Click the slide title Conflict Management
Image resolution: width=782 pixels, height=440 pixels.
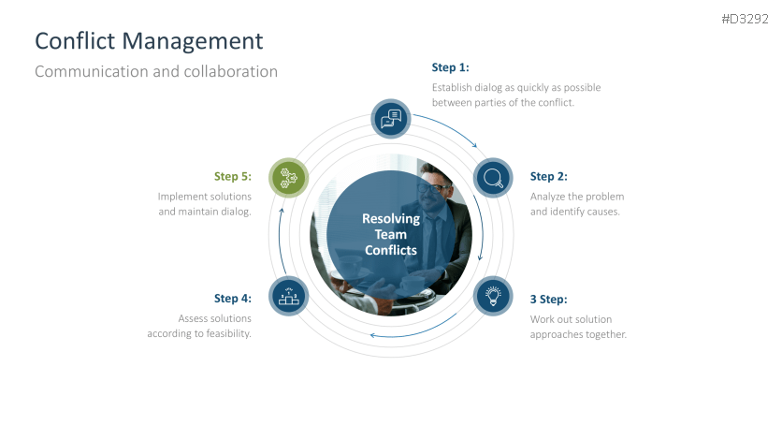pyautogui.click(x=148, y=41)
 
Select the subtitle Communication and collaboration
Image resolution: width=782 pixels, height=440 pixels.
pyautogui.click(x=155, y=71)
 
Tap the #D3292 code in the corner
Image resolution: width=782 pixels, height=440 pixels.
pyautogui.click(x=745, y=19)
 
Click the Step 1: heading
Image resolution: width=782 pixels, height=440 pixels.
pyautogui.click(x=450, y=67)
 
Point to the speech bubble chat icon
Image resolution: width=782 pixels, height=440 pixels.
pyautogui.click(x=391, y=118)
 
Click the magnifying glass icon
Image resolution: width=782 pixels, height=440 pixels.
pyautogui.click(x=492, y=177)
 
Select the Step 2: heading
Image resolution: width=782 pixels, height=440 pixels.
pyautogui.click(x=548, y=176)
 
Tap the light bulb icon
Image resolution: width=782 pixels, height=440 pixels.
pyautogui.click(x=492, y=295)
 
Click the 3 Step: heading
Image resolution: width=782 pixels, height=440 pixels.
pyautogui.click(x=548, y=300)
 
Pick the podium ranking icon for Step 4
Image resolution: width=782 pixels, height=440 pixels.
pyautogui.click(x=289, y=296)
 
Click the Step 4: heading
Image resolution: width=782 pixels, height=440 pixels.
pyautogui.click(x=232, y=299)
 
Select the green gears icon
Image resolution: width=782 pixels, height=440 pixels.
pyautogui.click(x=289, y=177)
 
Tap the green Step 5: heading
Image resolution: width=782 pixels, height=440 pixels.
pyautogui.click(x=232, y=176)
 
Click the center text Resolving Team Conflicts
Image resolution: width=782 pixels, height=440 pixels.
pyautogui.click(x=391, y=234)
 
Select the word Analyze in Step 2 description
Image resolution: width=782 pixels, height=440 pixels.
pyautogui.click(x=548, y=197)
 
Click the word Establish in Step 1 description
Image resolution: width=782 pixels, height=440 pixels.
pyautogui.click(x=453, y=87)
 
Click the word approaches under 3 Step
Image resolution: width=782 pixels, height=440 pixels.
pyautogui.click(x=559, y=334)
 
